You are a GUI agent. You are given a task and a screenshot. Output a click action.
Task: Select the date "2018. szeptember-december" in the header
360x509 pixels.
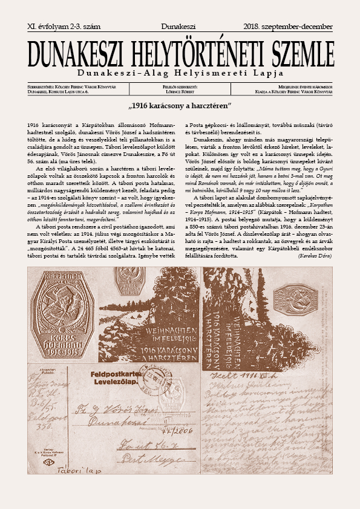287,27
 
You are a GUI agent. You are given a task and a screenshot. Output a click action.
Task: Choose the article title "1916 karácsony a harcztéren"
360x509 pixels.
180,105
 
